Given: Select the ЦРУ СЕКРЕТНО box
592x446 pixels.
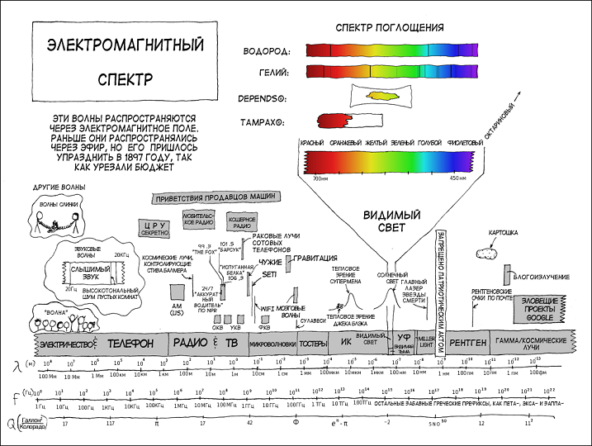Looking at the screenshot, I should (x=156, y=227).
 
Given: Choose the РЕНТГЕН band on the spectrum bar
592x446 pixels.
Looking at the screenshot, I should (x=469, y=342).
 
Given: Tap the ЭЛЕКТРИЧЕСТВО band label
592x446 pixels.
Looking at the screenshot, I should (x=64, y=343).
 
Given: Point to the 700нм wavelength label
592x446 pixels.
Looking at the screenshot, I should (x=317, y=178).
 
